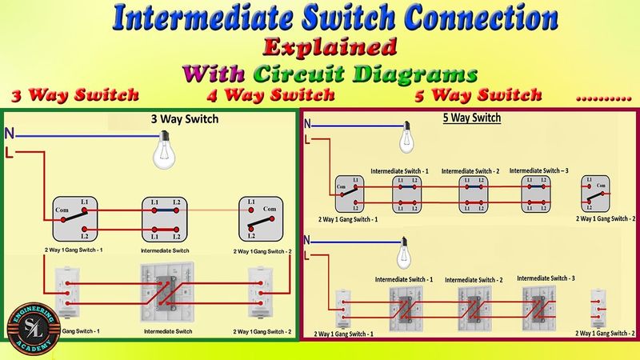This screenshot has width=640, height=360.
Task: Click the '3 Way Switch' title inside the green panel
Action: [185, 120]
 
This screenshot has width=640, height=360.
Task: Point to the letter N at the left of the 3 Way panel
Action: [9, 133]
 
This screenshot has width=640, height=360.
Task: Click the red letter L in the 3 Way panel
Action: [9, 152]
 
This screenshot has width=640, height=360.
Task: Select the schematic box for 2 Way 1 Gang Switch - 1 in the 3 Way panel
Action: [75, 219]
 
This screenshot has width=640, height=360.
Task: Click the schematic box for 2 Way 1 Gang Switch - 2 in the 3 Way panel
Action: [259, 219]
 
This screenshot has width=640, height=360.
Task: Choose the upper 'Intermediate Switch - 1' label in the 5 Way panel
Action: [400, 172]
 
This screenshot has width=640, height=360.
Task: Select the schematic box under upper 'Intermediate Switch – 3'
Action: [537, 194]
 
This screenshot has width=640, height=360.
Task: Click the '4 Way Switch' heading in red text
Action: [270, 95]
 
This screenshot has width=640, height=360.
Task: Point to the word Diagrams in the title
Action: [414, 74]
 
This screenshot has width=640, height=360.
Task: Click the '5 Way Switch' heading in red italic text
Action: [478, 95]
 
